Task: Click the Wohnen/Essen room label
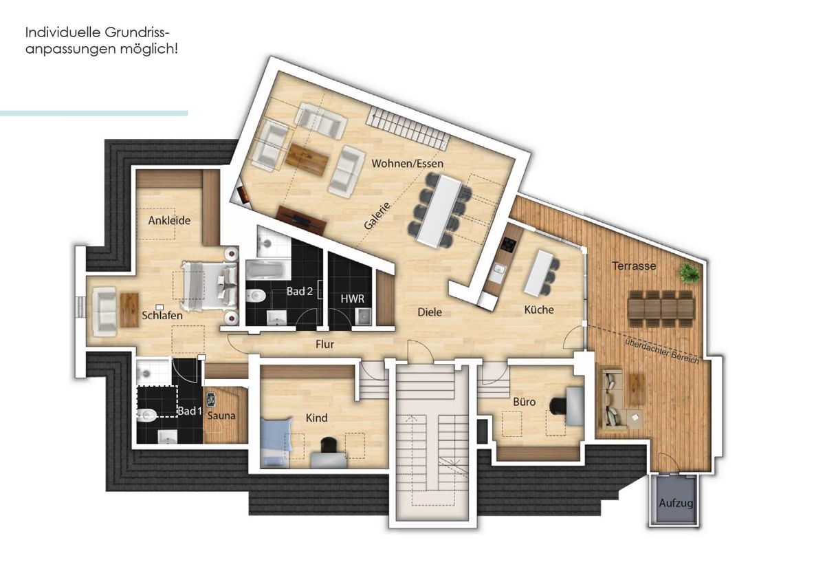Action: click(407, 163)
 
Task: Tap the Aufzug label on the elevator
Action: click(676, 504)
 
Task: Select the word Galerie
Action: click(377, 216)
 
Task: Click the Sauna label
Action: click(221, 416)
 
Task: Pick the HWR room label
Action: click(353, 299)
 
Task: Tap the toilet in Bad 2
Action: click(256, 295)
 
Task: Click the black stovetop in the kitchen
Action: click(509, 245)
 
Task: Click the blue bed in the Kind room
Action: click(276, 443)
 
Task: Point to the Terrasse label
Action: click(634, 266)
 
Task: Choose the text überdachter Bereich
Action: click(662, 351)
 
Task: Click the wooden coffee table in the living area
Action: click(307, 159)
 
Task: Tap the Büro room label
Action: click(524, 402)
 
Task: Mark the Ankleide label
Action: click(169, 220)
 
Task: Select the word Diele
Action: click(430, 312)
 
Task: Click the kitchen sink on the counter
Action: click(498, 270)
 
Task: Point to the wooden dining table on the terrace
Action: click(661, 308)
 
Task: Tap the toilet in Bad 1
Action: click(147, 416)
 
